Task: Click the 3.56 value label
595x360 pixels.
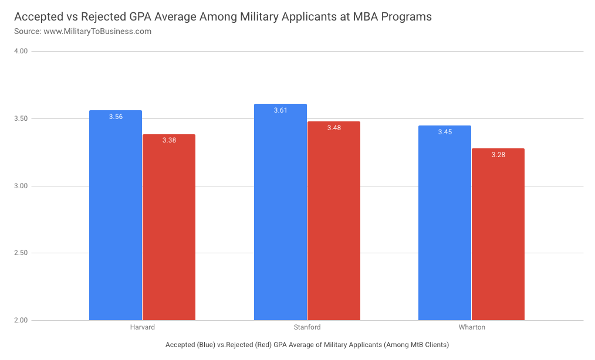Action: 116,117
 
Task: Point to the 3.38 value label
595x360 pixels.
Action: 169,141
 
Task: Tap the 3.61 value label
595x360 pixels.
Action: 280,110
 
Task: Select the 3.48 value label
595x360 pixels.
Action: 334,128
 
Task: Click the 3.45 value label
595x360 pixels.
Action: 445,132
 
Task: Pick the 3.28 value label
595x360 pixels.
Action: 498,155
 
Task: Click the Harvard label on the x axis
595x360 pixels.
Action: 143,327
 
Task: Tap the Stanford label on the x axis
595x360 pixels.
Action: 307,327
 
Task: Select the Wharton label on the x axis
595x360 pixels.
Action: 472,327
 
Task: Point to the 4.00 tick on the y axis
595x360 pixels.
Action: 21,52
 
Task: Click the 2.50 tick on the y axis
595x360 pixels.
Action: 21,253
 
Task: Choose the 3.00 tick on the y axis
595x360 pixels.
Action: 21,186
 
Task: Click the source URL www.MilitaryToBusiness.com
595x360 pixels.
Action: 97,31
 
